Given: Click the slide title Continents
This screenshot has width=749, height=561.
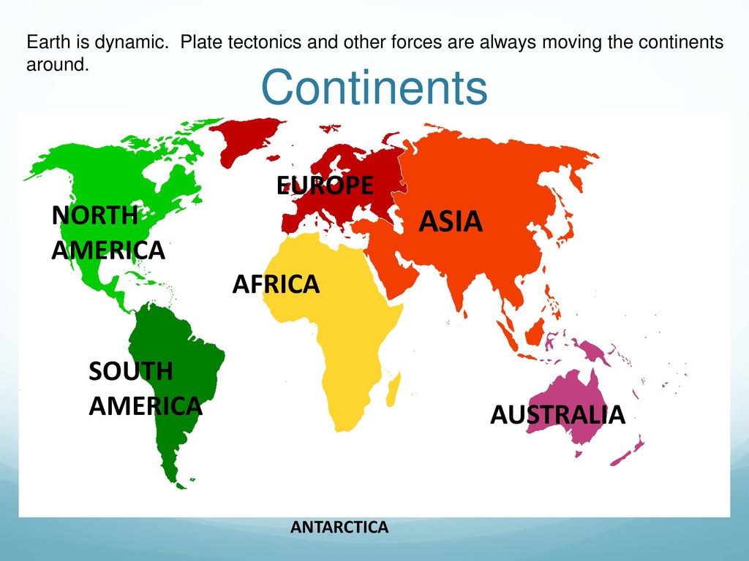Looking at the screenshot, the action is pos(374,88).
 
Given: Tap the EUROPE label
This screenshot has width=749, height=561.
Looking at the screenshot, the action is pos(325,185).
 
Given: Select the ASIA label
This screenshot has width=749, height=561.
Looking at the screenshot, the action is pos(451,221).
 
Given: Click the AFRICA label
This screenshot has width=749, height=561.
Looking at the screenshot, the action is pos(276,284).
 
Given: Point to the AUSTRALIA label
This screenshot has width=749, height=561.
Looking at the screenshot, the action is pos(557,415).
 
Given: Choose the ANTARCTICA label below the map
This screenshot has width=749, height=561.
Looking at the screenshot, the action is pos(339,527).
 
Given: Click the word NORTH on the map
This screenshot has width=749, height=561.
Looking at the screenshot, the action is pos(94,215).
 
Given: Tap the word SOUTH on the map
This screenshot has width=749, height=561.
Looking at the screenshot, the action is pos(131,371).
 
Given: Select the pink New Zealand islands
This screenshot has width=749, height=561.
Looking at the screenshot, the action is pos(627,450).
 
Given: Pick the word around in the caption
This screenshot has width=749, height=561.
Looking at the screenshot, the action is pos(58,64).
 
